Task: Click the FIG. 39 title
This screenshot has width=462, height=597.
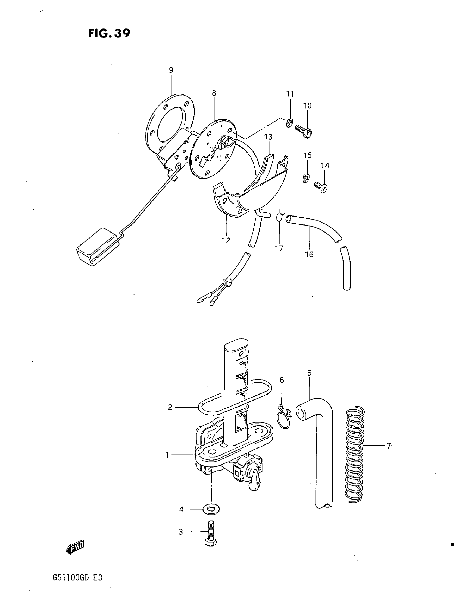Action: pos(109,33)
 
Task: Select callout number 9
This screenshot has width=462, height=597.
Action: pos(171,70)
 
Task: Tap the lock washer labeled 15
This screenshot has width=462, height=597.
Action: pos(307,178)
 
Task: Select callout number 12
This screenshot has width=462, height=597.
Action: pos(226,240)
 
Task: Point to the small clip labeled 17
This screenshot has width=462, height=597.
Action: pos(279,217)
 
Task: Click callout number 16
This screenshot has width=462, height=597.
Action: pos(309,254)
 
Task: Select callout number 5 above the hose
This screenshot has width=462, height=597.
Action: pos(309,373)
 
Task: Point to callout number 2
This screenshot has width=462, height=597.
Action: pos(170,407)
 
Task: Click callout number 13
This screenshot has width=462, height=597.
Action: pos(268,137)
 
